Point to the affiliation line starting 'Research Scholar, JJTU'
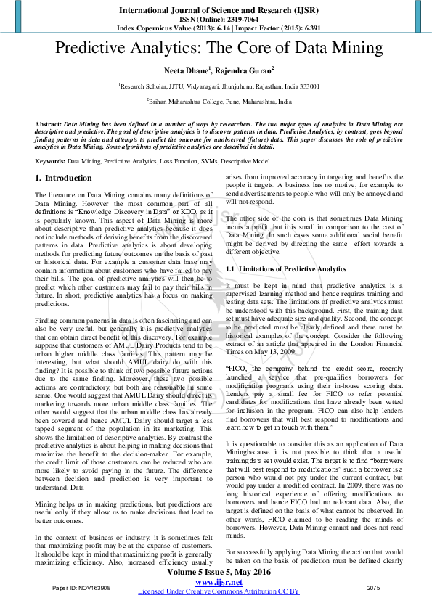219,86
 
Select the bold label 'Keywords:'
50,160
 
